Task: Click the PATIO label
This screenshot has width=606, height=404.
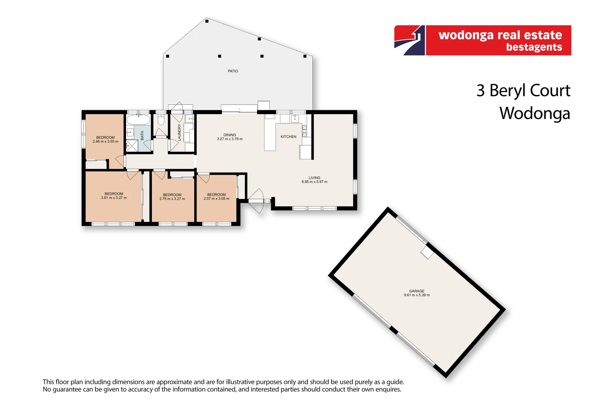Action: point(233,71)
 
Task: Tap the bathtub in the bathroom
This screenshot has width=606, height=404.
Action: point(138,120)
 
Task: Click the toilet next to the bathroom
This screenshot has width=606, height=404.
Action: point(161,120)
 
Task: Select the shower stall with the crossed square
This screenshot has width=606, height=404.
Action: point(132,146)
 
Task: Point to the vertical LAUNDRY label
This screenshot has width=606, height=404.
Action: point(180,132)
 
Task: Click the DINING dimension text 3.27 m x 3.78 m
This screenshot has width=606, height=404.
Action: point(230,139)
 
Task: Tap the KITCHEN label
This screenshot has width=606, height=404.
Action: point(288,137)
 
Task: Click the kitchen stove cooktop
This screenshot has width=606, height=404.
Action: point(304,131)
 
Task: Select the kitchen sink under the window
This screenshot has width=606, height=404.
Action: point(295,119)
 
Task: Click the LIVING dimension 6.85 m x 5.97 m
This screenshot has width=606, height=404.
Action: point(314,182)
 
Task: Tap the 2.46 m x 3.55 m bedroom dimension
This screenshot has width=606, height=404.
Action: point(105,141)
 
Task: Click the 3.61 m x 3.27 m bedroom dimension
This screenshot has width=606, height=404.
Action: point(114,198)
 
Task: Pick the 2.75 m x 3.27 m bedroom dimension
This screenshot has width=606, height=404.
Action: point(172,199)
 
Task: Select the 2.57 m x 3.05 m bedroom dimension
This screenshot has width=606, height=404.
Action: point(216,199)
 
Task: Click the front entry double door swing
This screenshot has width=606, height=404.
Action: point(256,201)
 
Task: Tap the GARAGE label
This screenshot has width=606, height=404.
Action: point(416,291)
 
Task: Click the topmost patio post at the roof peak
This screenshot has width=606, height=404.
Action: point(207,21)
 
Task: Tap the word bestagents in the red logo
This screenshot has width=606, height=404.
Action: point(534,47)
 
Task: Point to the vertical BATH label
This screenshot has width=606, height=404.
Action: point(142,135)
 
